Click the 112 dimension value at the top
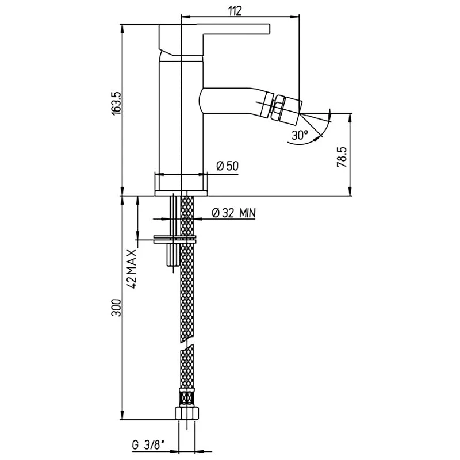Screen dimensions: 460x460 (x=235, y=10)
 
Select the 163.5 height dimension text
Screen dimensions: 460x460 (x=116, y=103)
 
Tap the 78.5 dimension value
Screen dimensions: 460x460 (x=342, y=157)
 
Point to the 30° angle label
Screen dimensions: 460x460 (x=300, y=135)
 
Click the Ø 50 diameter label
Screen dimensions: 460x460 (x=228, y=166)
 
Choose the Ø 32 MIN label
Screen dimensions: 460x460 (x=234, y=213)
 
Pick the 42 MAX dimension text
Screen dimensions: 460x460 (x=132, y=269)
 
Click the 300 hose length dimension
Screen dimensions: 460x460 (x=117, y=308)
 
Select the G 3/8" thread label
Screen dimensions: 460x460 (x=148, y=446)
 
